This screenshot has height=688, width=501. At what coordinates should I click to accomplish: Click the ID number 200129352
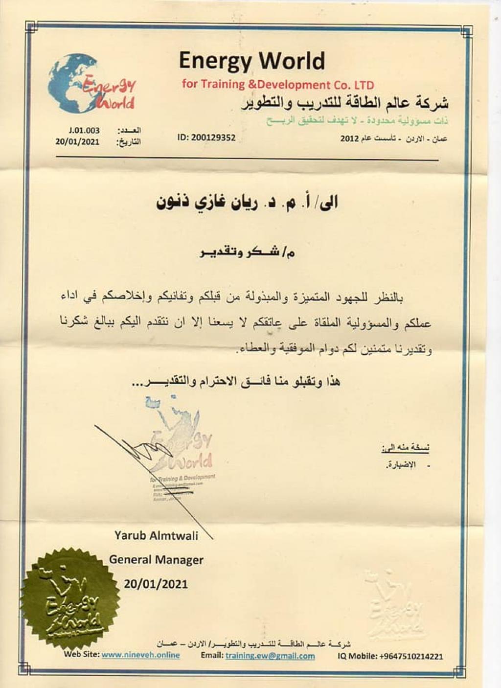[213, 138]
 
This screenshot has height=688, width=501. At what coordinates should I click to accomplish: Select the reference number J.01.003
[84, 130]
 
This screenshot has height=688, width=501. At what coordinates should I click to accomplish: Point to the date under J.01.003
[77, 141]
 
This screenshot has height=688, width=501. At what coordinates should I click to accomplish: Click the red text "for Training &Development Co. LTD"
[278, 84]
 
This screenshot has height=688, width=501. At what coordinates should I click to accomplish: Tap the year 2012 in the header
[349, 138]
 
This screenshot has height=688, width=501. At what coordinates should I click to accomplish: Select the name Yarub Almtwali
[156, 535]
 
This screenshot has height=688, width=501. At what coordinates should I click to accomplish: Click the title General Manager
[156, 559]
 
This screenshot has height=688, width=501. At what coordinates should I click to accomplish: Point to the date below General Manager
[156, 583]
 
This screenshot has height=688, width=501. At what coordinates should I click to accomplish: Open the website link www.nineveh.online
[140, 655]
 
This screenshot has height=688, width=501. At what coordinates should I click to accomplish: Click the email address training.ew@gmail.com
[270, 656]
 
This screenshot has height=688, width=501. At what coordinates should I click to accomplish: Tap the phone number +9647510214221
[411, 656]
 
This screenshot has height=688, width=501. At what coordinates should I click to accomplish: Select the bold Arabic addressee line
[247, 203]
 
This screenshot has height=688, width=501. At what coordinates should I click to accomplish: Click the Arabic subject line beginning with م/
[248, 252]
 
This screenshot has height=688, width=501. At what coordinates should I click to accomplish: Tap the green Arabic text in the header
[357, 120]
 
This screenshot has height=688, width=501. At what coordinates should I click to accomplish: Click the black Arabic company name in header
[345, 103]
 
